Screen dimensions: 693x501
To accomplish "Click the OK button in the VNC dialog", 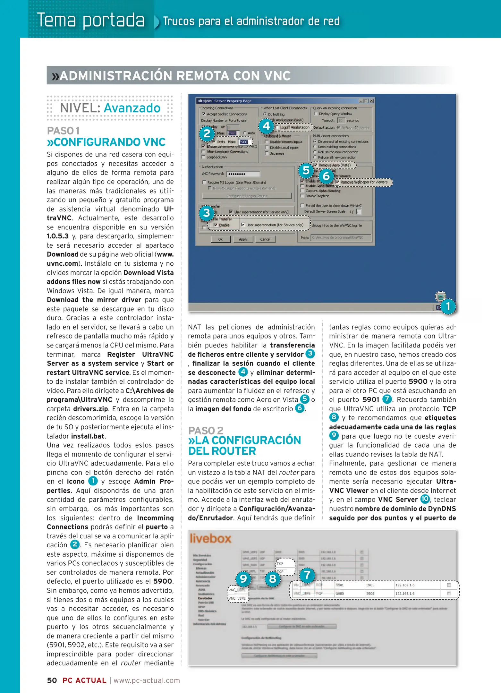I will [220, 239].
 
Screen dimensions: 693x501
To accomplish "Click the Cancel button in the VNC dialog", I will [265, 239].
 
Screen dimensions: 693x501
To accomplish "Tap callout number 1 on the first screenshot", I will [448, 306].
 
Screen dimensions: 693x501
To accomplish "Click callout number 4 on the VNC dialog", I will [266, 126].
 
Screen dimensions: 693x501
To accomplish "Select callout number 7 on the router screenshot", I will [307, 575].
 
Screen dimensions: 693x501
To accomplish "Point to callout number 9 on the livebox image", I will [243, 578].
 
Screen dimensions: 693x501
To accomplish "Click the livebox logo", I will [210, 538].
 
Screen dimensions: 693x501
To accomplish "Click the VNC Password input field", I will [243, 174].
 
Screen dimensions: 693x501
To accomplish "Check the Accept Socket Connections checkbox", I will [204, 114].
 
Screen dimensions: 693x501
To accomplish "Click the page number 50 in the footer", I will [52, 680].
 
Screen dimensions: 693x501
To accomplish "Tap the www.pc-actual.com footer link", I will [147, 680].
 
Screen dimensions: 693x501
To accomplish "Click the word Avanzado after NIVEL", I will [132, 108].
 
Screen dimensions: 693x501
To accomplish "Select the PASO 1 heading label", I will [63, 131].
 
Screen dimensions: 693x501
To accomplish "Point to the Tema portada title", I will [91, 20].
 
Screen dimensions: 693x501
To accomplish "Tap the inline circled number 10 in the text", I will [425, 499].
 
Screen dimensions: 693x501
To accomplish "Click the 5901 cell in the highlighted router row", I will [370, 585].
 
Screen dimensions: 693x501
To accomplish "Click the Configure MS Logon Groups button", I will [246, 196].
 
